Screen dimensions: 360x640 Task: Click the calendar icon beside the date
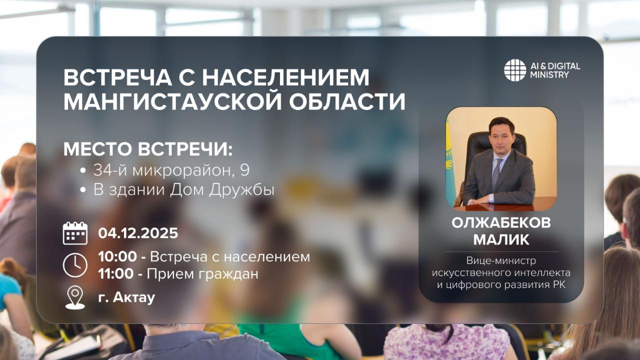tap(75, 233)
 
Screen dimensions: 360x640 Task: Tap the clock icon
tap(75, 265)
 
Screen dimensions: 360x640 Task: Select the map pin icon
tap(75, 297)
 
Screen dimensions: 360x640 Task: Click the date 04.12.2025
tap(138, 233)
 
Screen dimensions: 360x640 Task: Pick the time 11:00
tap(115, 274)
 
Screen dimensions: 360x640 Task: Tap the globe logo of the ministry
tap(515, 70)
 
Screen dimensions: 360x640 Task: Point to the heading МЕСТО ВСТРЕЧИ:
tap(148, 150)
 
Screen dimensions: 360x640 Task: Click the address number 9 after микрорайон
tap(244, 170)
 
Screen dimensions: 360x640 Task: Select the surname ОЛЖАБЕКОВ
tap(501, 223)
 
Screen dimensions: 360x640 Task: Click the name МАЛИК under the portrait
tap(501, 239)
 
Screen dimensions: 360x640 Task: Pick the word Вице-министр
tap(501, 260)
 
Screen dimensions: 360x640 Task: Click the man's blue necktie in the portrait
tap(496, 172)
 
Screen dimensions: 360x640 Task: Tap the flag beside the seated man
tap(449, 160)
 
